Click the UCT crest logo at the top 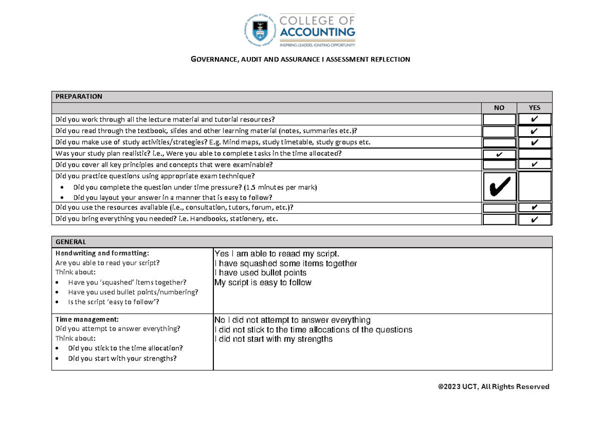(260, 30)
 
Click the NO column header (499, 108)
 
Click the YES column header (534, 108)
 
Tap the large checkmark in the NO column (499, 187)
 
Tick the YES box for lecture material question (534, 119)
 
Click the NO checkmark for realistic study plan (499, 154)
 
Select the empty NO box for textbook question (499, 131)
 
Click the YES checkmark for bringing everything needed (534, 219)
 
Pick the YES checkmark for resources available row (534, 208)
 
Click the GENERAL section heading (71, 241)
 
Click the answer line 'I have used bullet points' (260, 273)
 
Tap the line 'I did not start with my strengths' (273, 339)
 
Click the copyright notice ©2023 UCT (493, 386)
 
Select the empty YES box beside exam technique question (534, 187)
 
